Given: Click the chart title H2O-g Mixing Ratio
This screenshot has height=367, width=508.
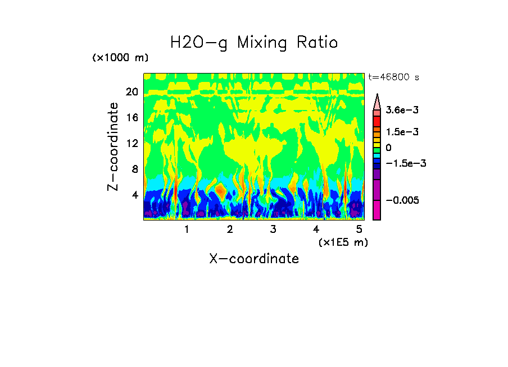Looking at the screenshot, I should [x=254, y=43].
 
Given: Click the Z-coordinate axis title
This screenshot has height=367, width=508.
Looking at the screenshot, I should [x=114, y=146].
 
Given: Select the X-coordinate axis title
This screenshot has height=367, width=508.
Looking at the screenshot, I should [x=254, y=259].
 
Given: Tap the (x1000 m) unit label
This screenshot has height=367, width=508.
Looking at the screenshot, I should [x=120, y=58].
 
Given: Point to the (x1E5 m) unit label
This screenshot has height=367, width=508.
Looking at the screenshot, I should [x=343, y=242].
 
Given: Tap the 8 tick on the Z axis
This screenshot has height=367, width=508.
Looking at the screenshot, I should [x=134, y=169].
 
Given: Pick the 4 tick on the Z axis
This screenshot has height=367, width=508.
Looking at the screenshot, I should [x=134, y=195].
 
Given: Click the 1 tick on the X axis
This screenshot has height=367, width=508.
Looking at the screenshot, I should [x=187, y=229].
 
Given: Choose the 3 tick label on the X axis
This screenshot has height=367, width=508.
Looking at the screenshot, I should [x=273, y=229].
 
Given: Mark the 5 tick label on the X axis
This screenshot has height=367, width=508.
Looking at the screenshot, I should [x=360, y=229].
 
